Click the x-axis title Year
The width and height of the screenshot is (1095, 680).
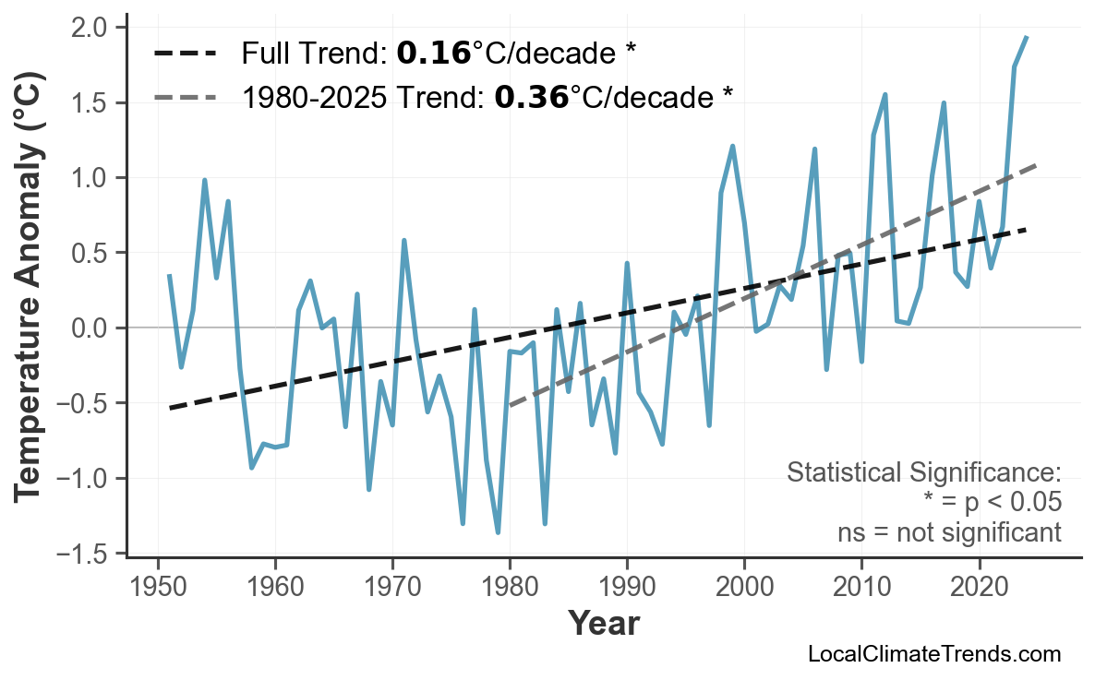[x=603, y=624]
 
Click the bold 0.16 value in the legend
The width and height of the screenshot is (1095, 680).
[x=433, y=54]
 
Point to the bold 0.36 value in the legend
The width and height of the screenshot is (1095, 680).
[x=531, y=96]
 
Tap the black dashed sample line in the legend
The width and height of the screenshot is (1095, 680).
[x=184, y=54]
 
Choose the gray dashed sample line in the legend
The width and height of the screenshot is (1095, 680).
[x=184, y=96]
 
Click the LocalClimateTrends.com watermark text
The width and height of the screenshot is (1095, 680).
[x=933, y=655]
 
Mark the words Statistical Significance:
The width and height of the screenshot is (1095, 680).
[x=923, y=473]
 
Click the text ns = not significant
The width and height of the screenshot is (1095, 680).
[x=949, y=532]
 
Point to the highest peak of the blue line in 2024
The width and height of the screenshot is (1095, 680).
[x=1027, y=37]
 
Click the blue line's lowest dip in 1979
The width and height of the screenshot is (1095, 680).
[x=498, y=532]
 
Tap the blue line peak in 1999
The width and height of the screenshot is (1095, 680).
[x=732, y=146]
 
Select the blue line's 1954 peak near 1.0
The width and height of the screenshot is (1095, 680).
[x=204, y=180]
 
